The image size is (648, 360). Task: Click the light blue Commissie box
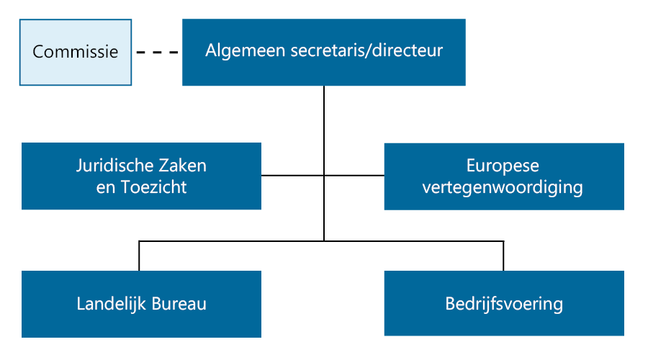(x=76, y=52)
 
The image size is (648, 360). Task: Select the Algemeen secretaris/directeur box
(x=324, y=52)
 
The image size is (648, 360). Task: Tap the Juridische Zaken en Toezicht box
(x=141, y=176)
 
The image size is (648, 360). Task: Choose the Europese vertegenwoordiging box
(x=504, y=176)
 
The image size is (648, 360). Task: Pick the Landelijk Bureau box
(x=141, y=305)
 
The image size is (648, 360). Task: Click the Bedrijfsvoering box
(x=504, y=303)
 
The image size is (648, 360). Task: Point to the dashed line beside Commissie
(x=157, y=52)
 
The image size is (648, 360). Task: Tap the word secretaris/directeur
(x=366, y=50)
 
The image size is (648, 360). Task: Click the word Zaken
(x=183, y=166)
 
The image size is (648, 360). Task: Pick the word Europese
(x=503, y=166)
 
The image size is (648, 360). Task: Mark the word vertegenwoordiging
(x=503, y=187)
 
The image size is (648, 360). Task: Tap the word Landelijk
(x=112, y=304)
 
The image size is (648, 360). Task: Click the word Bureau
(x=179, y=304)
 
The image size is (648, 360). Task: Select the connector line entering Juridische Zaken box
(x=292, y=176)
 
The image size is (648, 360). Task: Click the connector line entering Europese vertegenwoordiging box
(x=354, y=176)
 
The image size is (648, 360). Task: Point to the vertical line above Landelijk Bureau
(x=139, y=256)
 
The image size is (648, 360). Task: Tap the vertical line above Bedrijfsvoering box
(x=503, y=256)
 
